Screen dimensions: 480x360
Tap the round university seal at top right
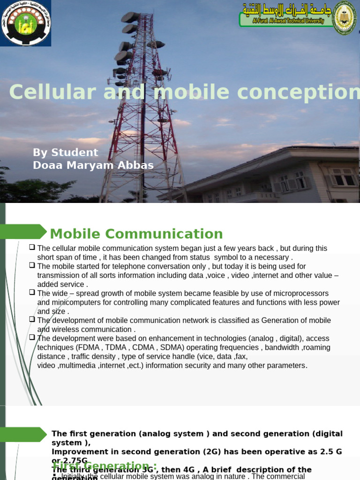tap(345, 18)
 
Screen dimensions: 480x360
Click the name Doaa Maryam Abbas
tap(93, 165)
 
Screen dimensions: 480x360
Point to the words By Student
tap(66, 152)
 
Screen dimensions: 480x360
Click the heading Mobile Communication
tap(136, 233)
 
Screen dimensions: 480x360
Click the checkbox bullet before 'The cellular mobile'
tap(32, 247)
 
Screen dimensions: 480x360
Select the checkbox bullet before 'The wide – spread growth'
tap(32, 292)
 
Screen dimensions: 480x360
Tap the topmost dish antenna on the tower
tap(130, 17)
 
